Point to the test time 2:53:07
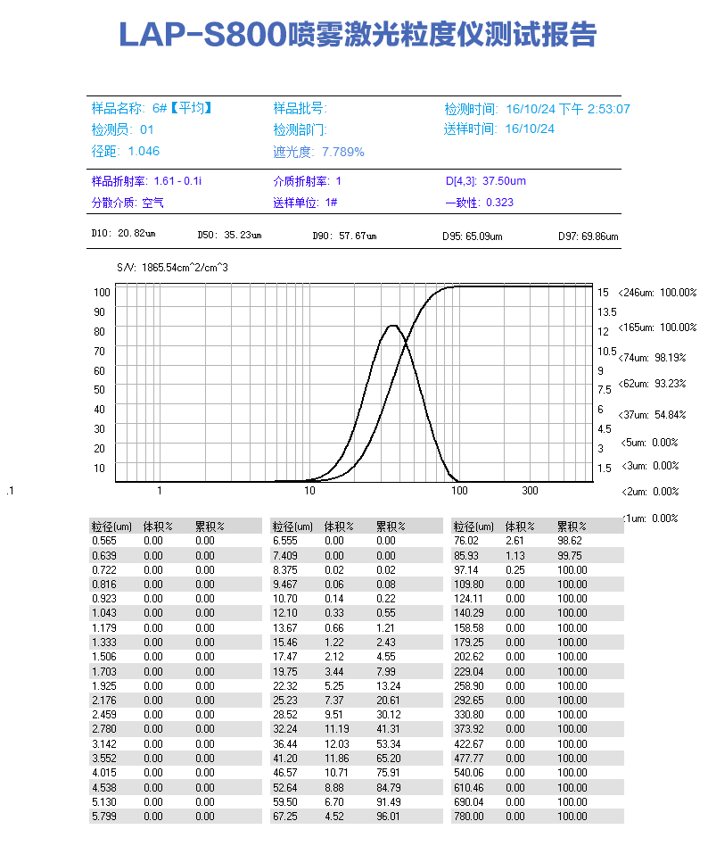pyautogui.click(x=608, y=109)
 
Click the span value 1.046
pyautogui.click(x=144, y=151)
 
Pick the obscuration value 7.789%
pyautogui.click(x=343, y=152)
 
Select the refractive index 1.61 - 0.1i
pyautogui.click(x=177, y=181)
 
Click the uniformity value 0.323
pyautogui.click(x=499, y=203)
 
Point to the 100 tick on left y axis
pyautogui.click(x=101, y=292)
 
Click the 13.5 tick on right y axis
pyautogui.click(x=606, y=311)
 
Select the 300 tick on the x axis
pyautogui.click(x=530, y=491)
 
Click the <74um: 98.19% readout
pyautogui.click(x=658, y=357)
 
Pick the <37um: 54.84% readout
pyautogui.click(x=658, y=414)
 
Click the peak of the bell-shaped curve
pyautogui.click(x=392, y=326)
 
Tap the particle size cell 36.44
pyautogui.click(x=284, y=743)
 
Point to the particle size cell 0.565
pyautogui.click(x=104, y=541)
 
